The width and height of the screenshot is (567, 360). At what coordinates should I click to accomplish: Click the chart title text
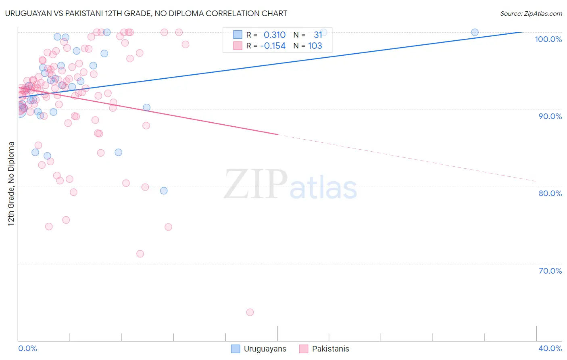pos(146,13)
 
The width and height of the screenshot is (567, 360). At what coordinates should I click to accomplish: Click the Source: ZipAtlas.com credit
pos(531,13)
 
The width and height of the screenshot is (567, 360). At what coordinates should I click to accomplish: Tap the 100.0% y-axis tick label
pos(548,39)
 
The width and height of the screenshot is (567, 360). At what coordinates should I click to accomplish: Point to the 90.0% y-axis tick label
pos(550,116)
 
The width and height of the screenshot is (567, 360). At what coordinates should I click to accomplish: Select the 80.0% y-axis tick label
pos(550,193)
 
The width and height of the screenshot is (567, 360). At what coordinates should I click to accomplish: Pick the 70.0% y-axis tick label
pos(550,271)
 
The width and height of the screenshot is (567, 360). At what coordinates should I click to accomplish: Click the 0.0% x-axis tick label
pos(27,348)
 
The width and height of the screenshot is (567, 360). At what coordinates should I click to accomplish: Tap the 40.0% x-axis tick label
pos(550,348)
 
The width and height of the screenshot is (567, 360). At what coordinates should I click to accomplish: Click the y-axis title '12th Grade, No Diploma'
pos(11,184)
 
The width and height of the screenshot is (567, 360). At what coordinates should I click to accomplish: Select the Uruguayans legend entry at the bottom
pos(259,349)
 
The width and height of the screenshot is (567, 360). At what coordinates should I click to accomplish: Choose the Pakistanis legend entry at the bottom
pos(325,349)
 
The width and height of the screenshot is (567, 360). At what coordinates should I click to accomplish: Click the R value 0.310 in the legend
pos(274,35)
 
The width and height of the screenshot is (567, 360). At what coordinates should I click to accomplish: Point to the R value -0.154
pos(273,46)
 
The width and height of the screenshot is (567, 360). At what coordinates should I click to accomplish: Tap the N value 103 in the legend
pos(315,46)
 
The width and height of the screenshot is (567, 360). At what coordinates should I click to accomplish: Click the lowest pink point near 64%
pos(250,312)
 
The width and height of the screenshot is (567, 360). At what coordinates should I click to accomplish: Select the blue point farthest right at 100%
pos(475,32)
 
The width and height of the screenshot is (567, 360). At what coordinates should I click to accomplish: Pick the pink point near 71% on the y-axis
pos(140,254)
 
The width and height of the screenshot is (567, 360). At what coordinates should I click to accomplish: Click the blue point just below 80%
pos(164,190)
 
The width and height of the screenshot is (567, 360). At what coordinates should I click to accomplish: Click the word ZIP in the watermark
pos(256,185)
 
